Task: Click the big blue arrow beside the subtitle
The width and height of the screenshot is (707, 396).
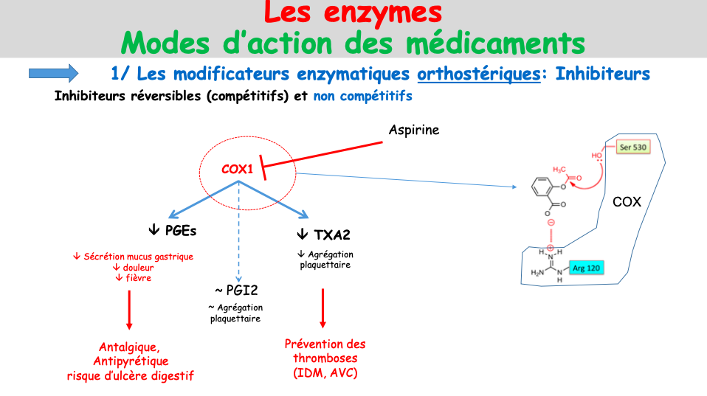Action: [53, 72]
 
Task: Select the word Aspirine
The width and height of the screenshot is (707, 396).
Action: [413, 131]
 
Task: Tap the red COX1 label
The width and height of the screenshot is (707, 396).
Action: [237, 170]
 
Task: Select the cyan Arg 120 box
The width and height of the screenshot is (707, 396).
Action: [587, 268]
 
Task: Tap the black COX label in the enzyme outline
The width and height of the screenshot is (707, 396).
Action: [627, 201]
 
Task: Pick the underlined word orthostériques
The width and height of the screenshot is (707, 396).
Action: [478, 74]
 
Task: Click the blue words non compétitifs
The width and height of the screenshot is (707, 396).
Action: [362, 96]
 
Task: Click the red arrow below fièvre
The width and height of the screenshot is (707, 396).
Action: [129, 309]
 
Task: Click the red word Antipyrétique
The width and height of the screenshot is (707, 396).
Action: [131, 361]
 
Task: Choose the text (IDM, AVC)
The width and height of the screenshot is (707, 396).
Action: [325, 373]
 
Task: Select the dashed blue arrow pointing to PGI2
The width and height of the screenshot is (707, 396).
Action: [238, 229]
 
